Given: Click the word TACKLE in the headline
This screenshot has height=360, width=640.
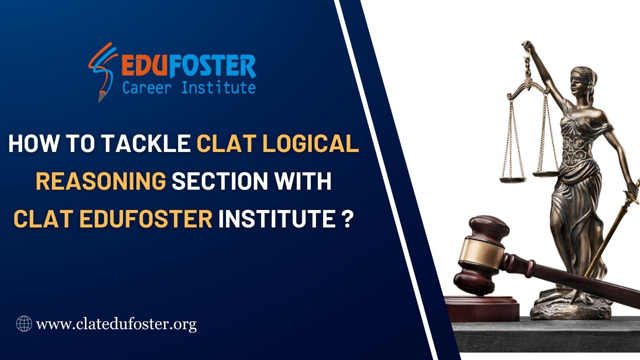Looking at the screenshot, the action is coord(146,144).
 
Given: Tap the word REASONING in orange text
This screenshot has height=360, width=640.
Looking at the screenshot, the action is coord(101,181).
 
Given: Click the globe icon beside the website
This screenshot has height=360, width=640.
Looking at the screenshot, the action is coord(24,324).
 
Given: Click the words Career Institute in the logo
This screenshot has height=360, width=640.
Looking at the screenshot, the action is coord(189,88).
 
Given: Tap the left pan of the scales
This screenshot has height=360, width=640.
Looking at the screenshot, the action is coord(512,180).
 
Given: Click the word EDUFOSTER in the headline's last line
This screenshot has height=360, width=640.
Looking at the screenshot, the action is coord(146,218).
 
